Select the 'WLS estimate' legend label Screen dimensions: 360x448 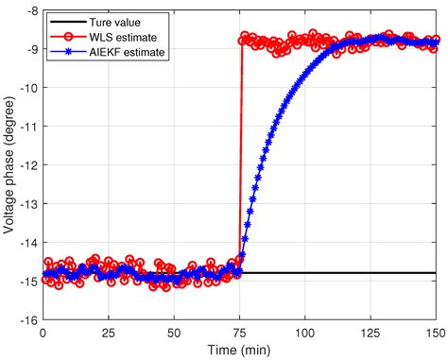coord(118,36)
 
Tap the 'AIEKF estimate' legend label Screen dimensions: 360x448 coord(123,52)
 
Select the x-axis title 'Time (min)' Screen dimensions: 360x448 coord(240,351)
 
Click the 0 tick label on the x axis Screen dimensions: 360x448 coord(43,333)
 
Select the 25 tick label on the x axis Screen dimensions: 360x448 coord(109,333)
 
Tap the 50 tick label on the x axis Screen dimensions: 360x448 coord(174,333)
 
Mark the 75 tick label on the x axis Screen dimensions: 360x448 coord(240,333)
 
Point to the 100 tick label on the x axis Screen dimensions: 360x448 coord(305,333)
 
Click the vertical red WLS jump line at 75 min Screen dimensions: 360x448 coord(241,161)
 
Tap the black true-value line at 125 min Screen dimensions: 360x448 coord(371,273)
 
